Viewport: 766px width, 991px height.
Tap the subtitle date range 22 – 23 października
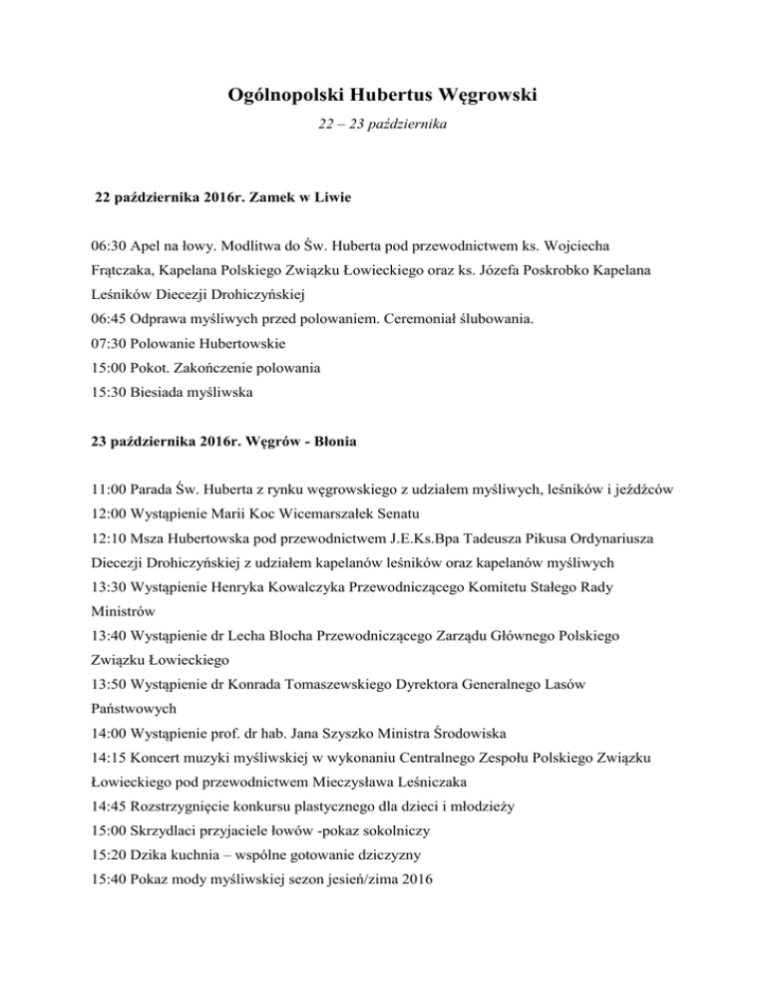pos(382,133)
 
